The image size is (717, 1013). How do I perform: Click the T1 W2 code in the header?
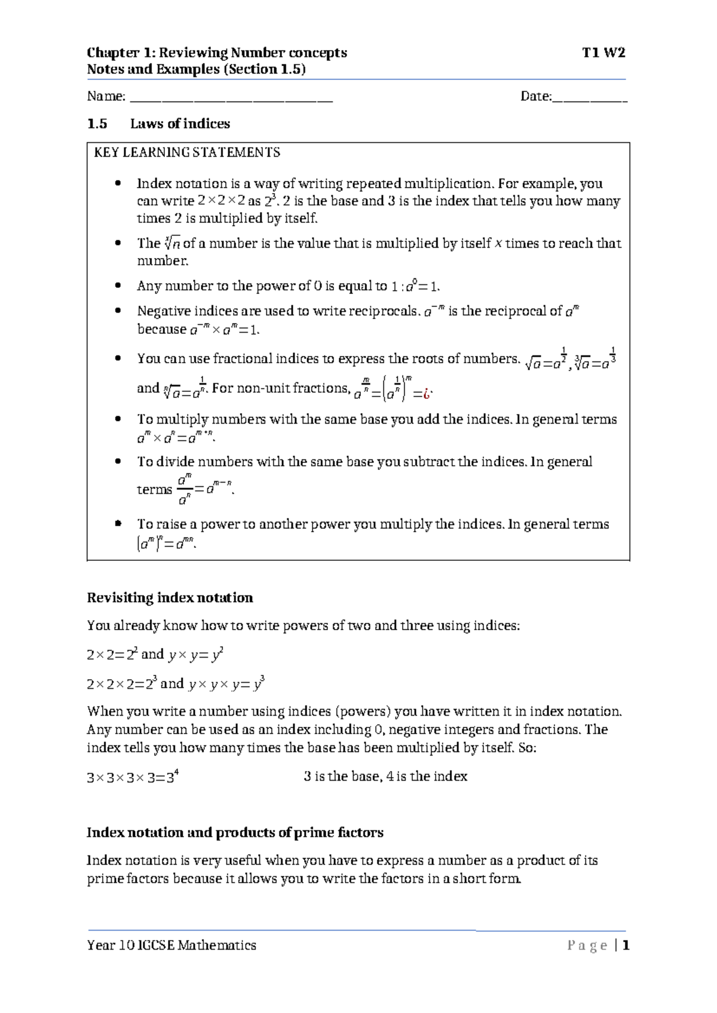click(603, 53)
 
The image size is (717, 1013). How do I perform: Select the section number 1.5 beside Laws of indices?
click(97, 124)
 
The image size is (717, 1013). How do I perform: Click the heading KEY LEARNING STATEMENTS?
click(187, 152)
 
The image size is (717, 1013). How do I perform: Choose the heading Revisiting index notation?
click(170, 598)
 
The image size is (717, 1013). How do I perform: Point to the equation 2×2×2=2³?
click(122, 684)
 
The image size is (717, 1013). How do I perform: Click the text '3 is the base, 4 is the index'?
click(385, 776)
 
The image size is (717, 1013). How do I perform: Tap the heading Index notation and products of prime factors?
click(235, 833)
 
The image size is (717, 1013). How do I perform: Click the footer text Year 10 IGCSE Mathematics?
click(171, 946)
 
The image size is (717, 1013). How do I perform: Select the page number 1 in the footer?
click(626, 946)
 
